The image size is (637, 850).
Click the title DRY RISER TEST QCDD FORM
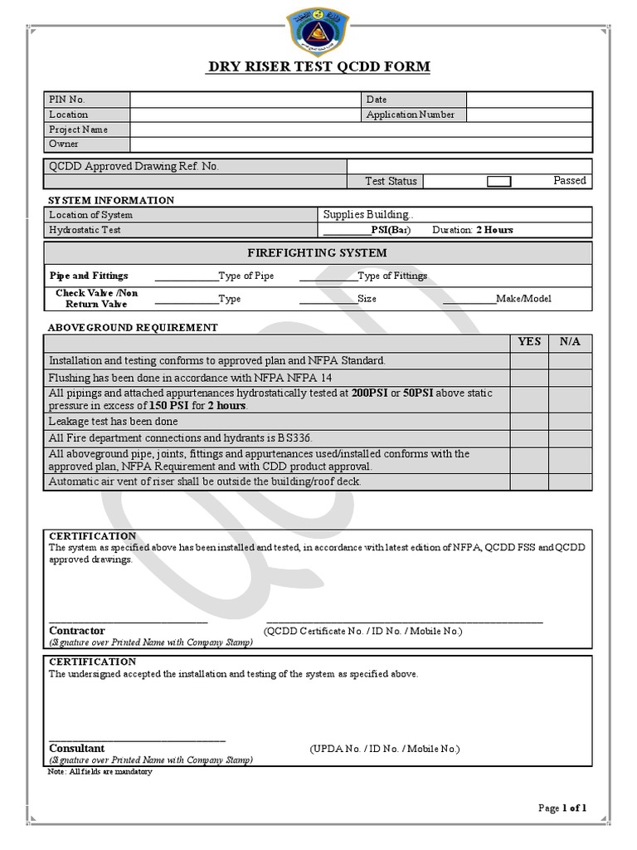(318, 66)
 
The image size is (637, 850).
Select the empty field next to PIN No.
(245, 100)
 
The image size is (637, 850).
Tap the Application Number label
(411, 115)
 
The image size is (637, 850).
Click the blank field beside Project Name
(361, 129)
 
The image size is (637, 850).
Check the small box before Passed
(498, 181)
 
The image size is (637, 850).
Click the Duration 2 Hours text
(473, 230)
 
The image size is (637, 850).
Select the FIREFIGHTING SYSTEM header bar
(318, 253)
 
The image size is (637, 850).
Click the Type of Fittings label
(392, 276)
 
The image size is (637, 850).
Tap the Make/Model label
(523, 299)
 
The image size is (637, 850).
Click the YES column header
(529, 341)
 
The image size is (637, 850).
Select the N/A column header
(571, 341)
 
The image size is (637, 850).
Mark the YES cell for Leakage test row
(529, 422)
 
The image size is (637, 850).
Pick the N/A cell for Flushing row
(571, 377)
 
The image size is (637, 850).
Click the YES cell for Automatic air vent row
(529, 481)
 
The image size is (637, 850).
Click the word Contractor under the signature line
(77, 631)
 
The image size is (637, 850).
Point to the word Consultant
(77, 749)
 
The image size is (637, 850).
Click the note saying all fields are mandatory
(100, 772)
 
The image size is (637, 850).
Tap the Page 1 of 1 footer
(562, 808)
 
